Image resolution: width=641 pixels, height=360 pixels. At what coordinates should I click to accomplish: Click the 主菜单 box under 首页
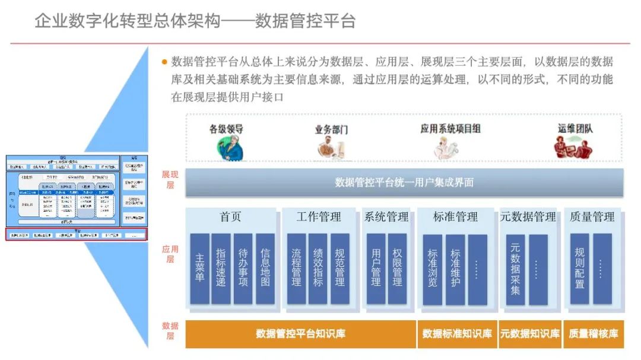[199, 269]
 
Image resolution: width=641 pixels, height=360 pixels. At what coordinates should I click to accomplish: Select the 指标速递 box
[221, 269]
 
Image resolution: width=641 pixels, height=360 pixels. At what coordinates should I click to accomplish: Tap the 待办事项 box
[243, 269]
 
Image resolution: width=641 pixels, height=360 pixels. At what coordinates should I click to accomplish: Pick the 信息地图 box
[265, 269]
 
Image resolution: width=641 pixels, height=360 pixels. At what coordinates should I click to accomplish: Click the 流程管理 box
[296, 269]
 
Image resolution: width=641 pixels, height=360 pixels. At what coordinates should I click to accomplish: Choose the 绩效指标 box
[318, 269]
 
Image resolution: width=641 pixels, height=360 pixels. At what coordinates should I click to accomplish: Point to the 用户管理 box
[376, 269]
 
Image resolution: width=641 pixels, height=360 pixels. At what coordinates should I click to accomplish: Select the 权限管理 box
[397, 269]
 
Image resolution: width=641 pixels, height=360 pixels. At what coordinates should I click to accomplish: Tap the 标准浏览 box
[433, 269]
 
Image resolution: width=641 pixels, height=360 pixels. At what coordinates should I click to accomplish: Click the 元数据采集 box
[515, 269]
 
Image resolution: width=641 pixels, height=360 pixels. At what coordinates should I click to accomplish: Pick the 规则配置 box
[579, 269]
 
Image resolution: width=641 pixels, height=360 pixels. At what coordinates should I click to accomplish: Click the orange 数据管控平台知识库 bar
[300, 334]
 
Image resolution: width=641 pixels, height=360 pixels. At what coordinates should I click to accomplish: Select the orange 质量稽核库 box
[593, 334]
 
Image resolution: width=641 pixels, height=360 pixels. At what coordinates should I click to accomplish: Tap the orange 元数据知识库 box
[529, 334]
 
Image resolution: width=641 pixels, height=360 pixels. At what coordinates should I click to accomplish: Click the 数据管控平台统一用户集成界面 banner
[404, 183]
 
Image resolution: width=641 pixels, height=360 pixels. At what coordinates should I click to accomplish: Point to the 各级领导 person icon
[230, 148]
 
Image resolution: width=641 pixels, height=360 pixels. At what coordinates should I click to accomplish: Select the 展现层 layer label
[170, 180]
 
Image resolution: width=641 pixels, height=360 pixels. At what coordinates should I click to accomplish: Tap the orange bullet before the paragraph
[164, 62]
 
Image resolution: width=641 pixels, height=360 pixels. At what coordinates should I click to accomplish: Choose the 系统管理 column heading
[386, 217]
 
